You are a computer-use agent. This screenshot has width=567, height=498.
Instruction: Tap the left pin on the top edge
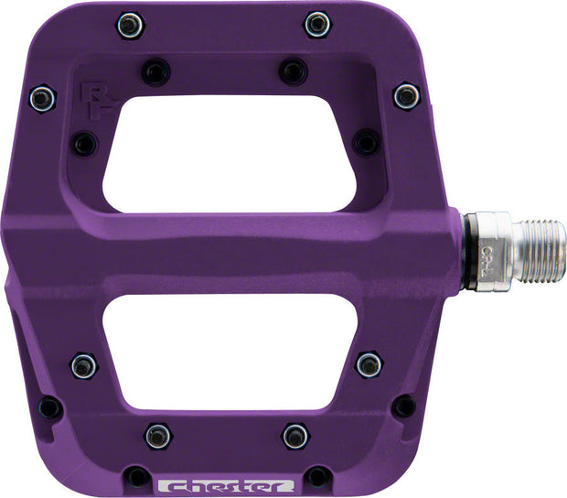tap(130, 25)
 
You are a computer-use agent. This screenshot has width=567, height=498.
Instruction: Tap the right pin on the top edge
tap(317, 24)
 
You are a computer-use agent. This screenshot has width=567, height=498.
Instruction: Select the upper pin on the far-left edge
tap(42, 97)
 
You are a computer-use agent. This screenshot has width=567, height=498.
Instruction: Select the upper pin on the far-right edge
tap(406, 95)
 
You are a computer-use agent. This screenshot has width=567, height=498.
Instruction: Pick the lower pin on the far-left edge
tap(49, 407)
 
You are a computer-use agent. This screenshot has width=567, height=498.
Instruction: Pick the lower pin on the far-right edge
tap(402, 406)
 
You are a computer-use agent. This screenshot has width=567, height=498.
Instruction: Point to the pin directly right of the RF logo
tap(156, 70)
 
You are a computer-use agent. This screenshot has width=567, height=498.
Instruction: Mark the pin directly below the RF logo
tap(85, 143)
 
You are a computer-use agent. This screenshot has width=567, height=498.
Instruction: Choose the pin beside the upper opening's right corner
tap(366, 142)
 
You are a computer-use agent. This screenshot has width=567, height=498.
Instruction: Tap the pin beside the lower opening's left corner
tap(83, 365)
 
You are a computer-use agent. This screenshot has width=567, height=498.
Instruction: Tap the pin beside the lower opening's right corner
tap(369, 364)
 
